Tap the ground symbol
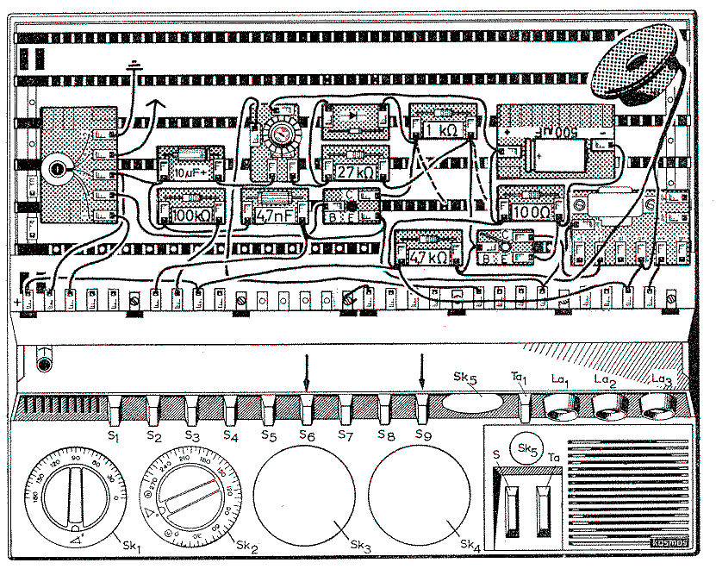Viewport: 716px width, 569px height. [134, 66]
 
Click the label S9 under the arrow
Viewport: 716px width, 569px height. [422, 436]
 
